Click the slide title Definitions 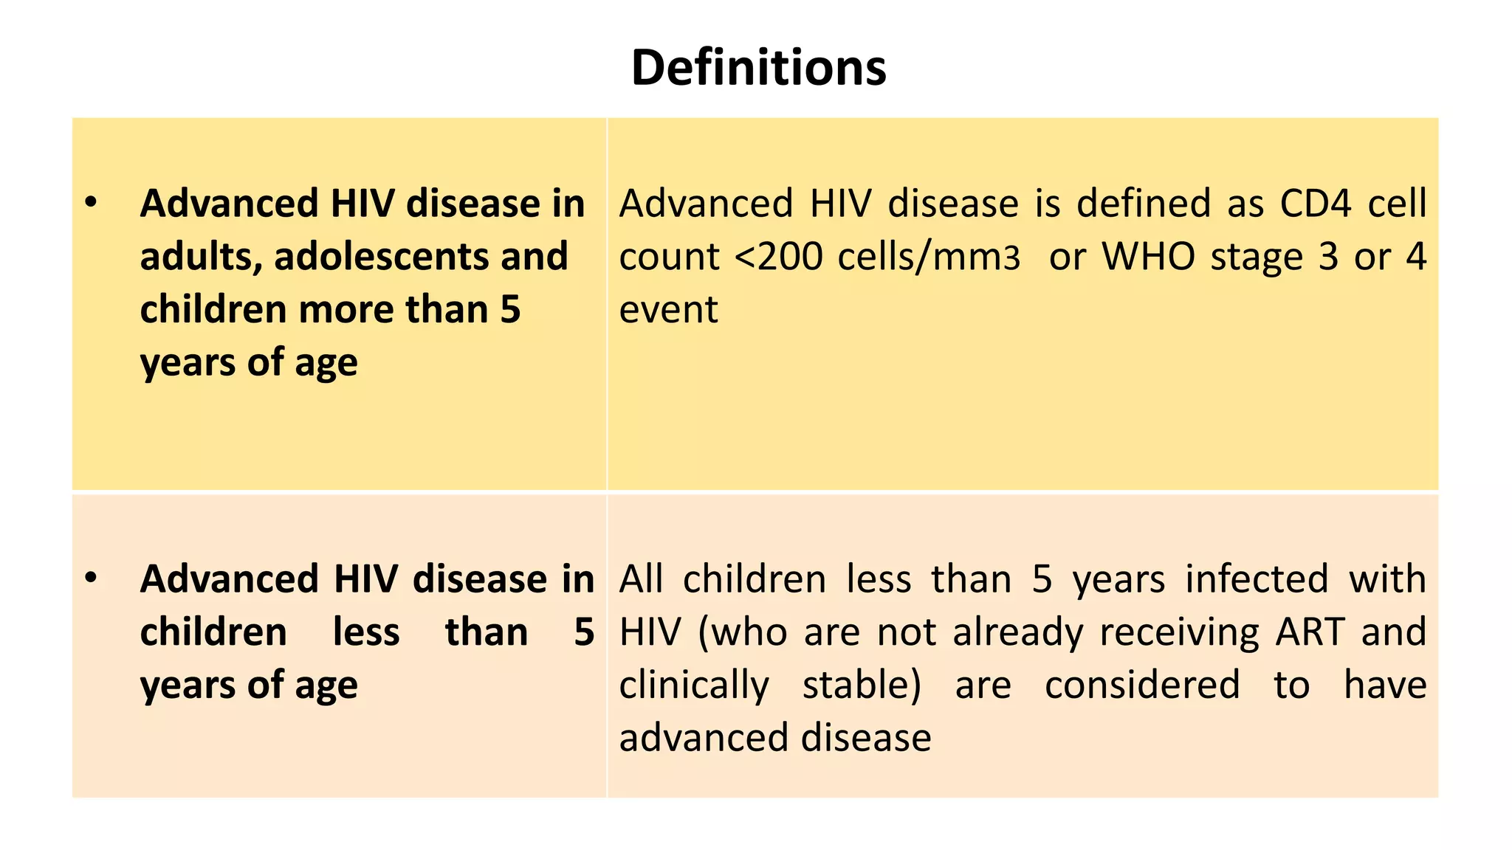click(x=758, y=68)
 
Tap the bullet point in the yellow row click(x=91, y=202)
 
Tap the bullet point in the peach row click(x=91, y=578)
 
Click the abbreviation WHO click(x=1148, y=257)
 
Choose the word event click(x=668, y=310)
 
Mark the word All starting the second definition click(x=641, y=579)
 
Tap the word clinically click(x=694, y=685)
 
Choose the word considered click(x=1142, y=685)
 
